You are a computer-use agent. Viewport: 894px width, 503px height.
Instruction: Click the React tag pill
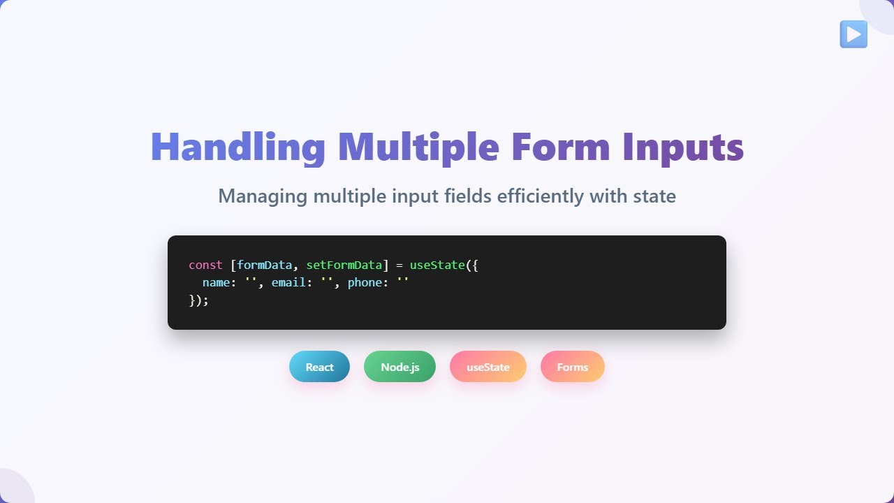(319, 367)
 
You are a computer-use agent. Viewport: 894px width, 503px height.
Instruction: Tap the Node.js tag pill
(400, 367)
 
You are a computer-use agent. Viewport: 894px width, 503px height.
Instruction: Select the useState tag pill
(488, 367)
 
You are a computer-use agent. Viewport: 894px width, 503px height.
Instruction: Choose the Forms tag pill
(572, 367)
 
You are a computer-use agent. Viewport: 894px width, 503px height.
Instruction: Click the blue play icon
(853, 34)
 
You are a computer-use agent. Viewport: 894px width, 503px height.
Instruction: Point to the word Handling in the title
(237, 147)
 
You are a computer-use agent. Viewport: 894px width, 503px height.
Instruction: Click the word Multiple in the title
(418, 147)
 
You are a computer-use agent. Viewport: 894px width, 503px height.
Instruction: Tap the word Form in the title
(560, 147)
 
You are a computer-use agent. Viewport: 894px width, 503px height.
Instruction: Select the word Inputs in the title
(683, 147)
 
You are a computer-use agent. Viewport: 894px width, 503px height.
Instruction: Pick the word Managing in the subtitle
(263, 196)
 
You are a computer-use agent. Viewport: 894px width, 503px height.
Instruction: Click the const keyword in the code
(205, 265)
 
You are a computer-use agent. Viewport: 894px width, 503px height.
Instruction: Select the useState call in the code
(437, 265)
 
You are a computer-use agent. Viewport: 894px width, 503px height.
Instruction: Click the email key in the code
(289, 282)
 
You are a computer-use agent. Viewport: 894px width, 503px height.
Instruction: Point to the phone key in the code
(365, 282)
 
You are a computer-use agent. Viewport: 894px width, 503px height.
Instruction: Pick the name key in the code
(217, 282)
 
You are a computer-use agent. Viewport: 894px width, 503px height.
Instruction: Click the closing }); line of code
(198, 300)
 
